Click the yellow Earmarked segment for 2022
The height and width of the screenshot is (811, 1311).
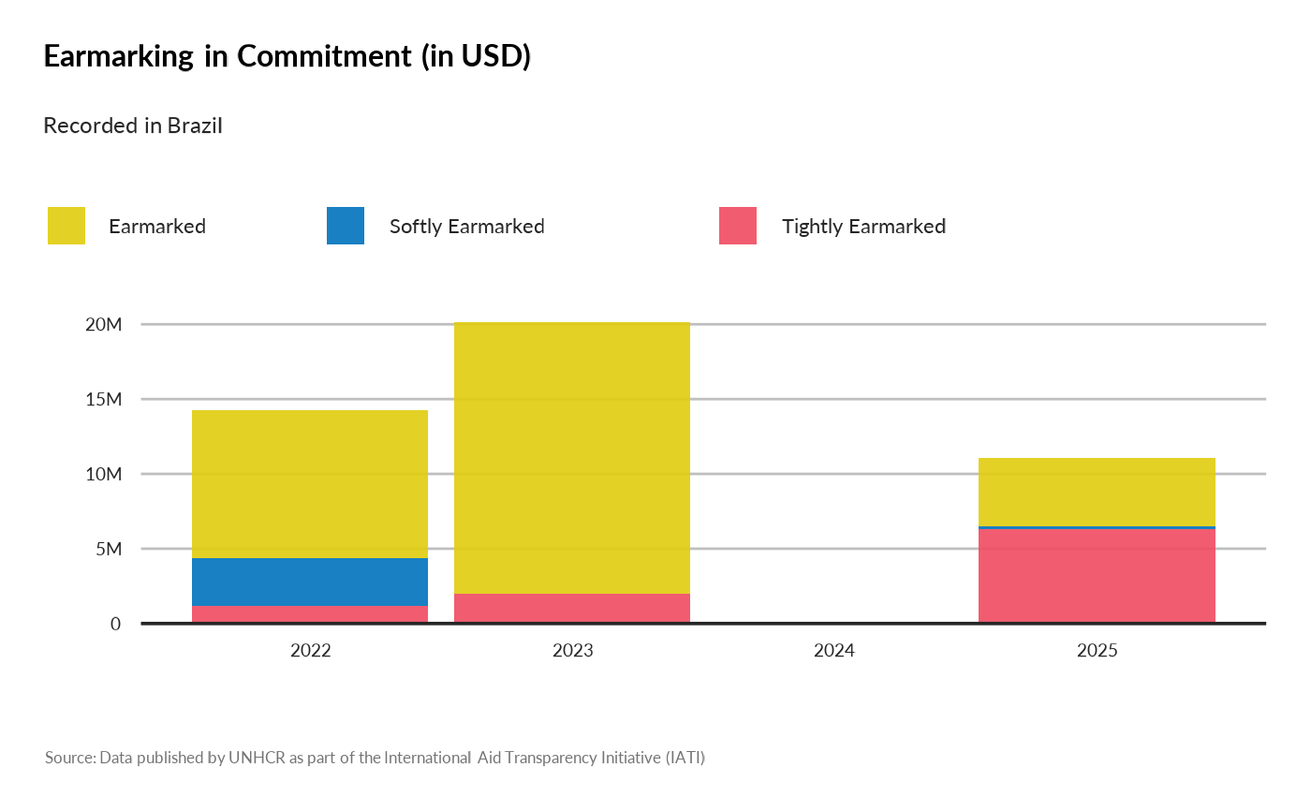[x=310, y=483]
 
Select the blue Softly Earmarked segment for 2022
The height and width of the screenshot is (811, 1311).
[x=310, y=582]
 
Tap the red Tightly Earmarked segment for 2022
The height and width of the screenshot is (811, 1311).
[x=310, y=614]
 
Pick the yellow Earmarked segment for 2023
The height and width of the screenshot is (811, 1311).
[x=572, y=457]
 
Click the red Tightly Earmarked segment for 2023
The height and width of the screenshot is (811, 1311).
[x=572, y=608]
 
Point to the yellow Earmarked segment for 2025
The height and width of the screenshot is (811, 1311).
[x=1097, y=492]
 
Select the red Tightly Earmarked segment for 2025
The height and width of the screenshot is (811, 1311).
[x=1097, y=576]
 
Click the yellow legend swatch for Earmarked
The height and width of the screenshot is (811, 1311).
[x=66, y=226]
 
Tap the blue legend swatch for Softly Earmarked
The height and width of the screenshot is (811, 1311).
[x=346, y=226]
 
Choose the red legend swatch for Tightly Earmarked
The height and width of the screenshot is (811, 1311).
[x=738, y=226]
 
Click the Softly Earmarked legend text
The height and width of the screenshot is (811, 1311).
[x=466, y=226]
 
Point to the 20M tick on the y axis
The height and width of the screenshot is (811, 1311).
[x=103, y=324]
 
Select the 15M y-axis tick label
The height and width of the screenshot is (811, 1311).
[x=103, y=399]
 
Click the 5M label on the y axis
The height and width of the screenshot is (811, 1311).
[x=108, y=549]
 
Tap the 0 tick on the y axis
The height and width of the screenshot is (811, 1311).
[x=115, y=624]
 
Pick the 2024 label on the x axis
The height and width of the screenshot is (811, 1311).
[x=834, y=650]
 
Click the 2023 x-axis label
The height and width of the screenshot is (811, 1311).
[x=572, y=650]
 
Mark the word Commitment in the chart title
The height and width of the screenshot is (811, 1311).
[x=324, y=56]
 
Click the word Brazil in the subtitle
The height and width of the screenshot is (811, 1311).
[x=195, y=125]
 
